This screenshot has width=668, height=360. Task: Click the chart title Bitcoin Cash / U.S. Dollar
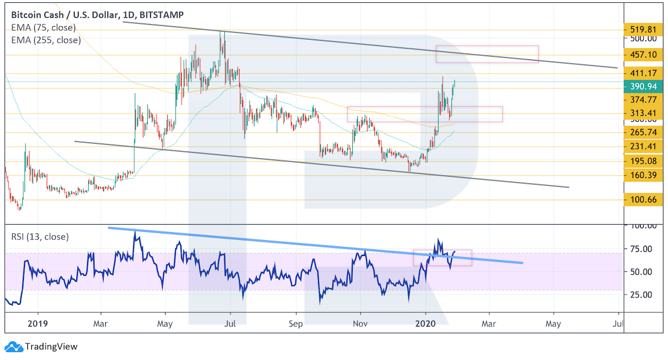(x=66, y=15)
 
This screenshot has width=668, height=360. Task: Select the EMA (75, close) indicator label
(x=43, y=27)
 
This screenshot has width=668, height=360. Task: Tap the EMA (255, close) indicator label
(x=46, y=40)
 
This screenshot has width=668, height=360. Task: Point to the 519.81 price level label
(x=642, y=30)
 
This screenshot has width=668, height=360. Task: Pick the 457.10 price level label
(x=642, y=55)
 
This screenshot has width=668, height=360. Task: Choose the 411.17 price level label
(x=642, y=73)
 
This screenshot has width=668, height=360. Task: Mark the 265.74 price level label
(x=642, y=133)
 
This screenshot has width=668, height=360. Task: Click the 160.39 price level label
(x=642, y=175)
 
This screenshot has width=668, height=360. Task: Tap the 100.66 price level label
(x=642, y=200)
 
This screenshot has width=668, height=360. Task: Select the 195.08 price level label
(x=642, y=161)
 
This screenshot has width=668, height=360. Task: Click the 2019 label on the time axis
(x=38, y=324)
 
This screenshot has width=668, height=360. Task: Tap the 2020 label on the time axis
(x=426, y=324)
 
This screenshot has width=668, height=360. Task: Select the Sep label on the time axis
(x=296, y=324)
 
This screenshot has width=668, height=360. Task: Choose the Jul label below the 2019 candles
(x=229, y=324)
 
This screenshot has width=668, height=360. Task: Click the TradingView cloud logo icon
(x=13, y=346)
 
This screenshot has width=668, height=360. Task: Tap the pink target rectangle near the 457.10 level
(x=486, y=54)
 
